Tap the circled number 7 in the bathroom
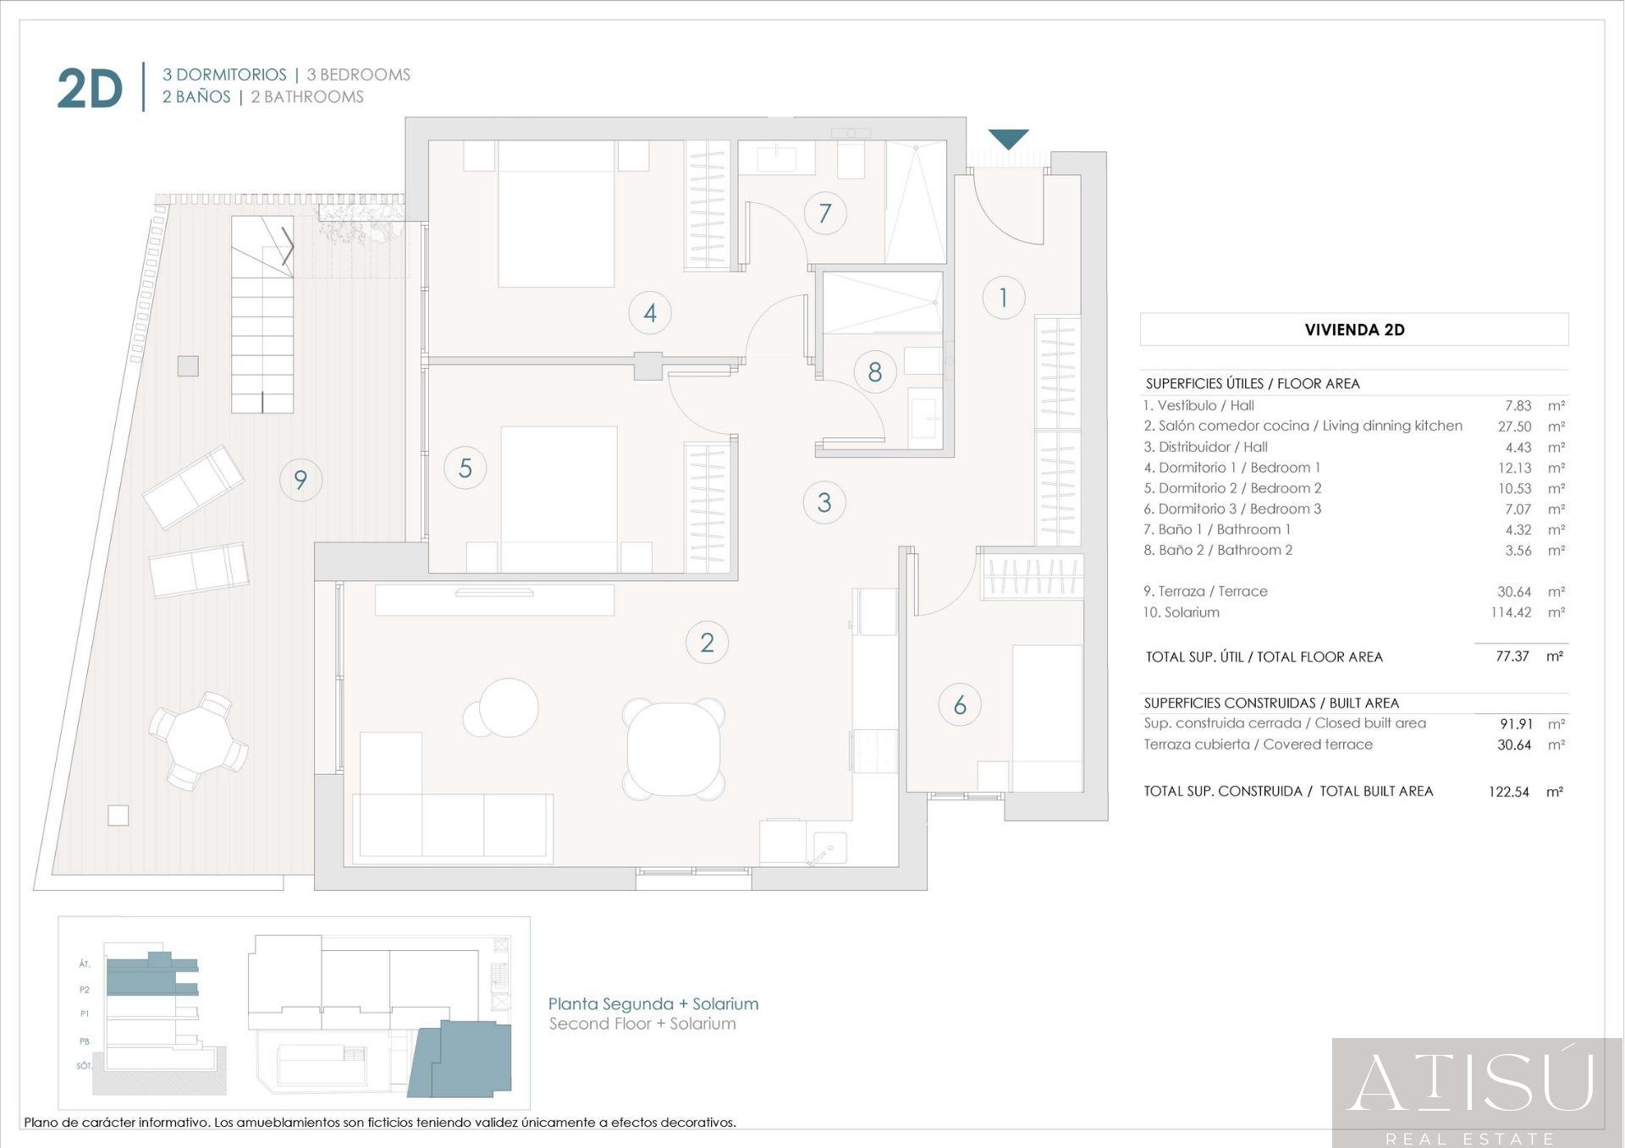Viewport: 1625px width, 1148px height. click(x=824, y=213)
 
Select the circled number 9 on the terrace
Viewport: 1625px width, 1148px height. click(x=300, y=480)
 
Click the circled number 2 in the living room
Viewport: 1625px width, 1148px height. click(x=707, y=642)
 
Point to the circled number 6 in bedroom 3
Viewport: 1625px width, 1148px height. click(x=960, y=705)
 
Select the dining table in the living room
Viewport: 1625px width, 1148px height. click(x=674, y=749)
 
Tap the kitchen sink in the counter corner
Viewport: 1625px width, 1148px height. click(x=828, y=848)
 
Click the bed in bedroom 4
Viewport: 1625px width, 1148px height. click(x=556, y=213)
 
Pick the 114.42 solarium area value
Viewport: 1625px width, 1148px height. click(x=1511, y=612)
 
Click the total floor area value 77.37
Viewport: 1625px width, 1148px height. click(x=1512, y=656)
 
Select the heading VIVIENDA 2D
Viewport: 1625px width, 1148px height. click(x=1354, y=330)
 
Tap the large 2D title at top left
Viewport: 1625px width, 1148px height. click(x=90, y=89)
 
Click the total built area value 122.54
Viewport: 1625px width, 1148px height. click(x=1509, y=792)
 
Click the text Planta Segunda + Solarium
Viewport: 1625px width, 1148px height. click(x=653, y=1003)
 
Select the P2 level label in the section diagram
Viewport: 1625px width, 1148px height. click(x=85, y=989)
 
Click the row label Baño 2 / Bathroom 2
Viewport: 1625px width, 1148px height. click(x=1218, y=550)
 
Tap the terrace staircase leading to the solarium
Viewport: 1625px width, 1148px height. click(x=262, y=315)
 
